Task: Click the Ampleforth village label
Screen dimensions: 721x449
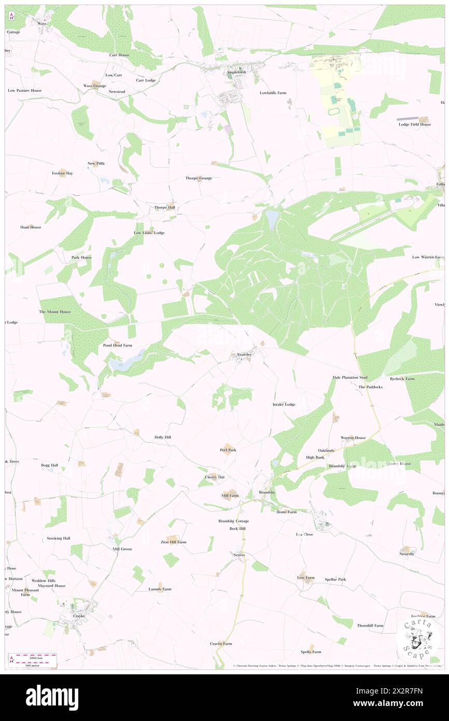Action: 236,72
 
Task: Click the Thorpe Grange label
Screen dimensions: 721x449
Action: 199,178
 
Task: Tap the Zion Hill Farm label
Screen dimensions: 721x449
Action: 173,542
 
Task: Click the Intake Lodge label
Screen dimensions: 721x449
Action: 284,404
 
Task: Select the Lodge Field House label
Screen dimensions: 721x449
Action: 414,124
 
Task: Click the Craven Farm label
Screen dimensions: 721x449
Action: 221,643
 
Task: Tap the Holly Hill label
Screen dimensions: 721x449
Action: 162,437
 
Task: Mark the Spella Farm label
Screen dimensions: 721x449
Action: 311,651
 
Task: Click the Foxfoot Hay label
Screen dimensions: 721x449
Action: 62,173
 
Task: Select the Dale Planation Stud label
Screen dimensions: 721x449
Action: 350,377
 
